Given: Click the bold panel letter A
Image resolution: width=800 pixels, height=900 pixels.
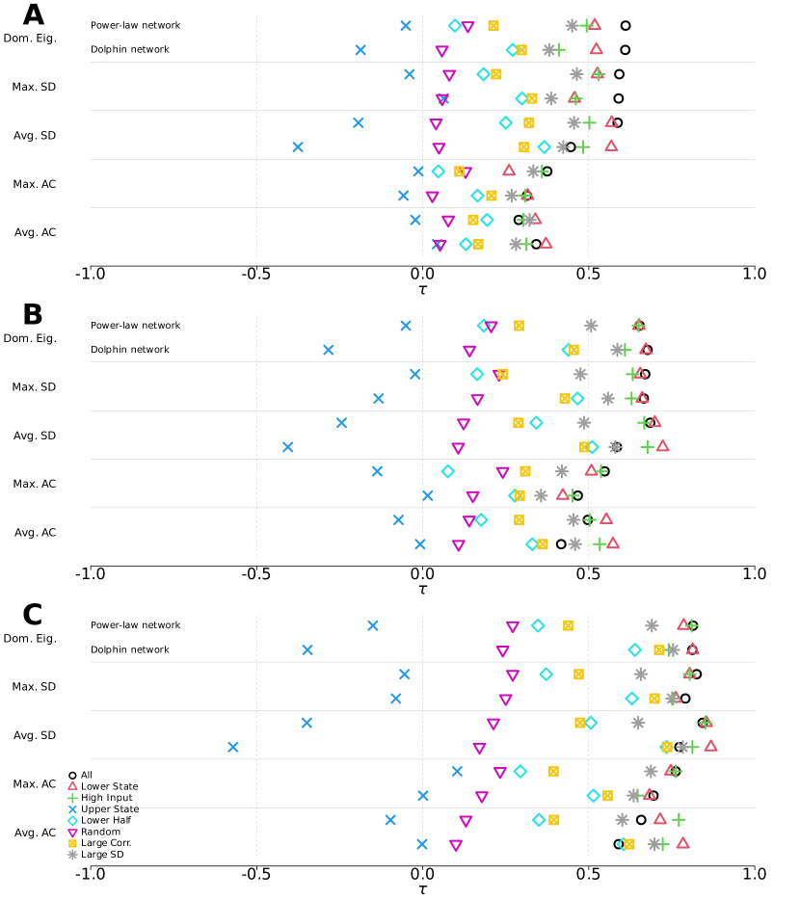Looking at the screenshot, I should [x=33, y=15].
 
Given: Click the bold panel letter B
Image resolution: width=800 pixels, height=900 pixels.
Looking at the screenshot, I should [x=33, y=315].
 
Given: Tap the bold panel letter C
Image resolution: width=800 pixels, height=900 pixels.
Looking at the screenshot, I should [x=33, y=615].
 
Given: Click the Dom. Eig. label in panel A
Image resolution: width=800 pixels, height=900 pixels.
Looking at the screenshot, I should [x=31, y=38].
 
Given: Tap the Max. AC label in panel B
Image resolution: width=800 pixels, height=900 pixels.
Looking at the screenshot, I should [x=35, y=484].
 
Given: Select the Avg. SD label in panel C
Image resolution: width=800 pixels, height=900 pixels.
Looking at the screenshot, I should [x=35, y=735].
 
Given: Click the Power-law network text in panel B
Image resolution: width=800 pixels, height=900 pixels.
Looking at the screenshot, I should [x=135, y=326].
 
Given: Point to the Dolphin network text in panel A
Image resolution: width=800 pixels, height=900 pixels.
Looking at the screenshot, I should [x=129, y=49].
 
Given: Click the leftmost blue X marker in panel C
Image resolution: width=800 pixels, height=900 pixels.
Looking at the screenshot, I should [x=232, y=747].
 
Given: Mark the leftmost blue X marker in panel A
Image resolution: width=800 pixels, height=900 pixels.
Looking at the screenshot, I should [x=298, y=146].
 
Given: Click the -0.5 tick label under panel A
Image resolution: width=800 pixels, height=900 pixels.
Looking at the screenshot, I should [x=255, y=275].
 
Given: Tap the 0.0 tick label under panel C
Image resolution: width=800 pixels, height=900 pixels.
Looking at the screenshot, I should [x=421, y=874].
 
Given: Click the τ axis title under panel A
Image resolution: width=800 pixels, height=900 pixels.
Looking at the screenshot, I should [x=422, y=289].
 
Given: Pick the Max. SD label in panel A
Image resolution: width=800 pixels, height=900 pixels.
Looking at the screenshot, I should [x=35, y=87].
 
